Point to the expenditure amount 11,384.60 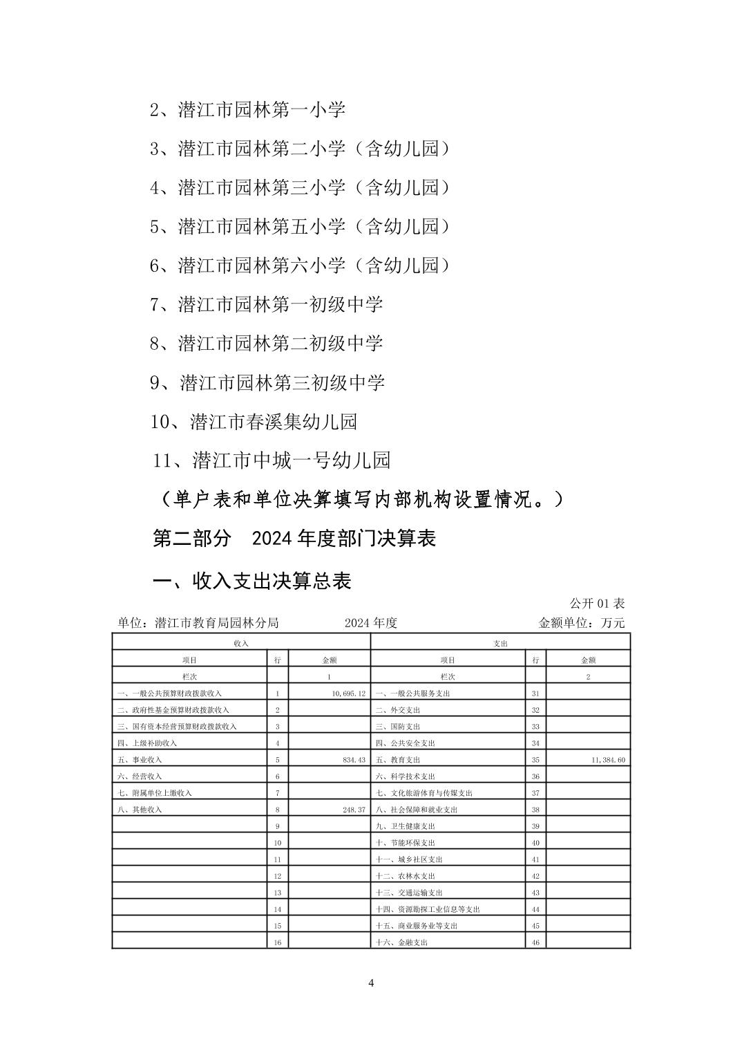(608, 759)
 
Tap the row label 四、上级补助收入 (147, 743)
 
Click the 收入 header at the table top (241, 643)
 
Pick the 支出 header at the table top (500, 643)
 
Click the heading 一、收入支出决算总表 (251, 581)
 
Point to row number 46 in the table (535, 942)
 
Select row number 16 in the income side (278, 942)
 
